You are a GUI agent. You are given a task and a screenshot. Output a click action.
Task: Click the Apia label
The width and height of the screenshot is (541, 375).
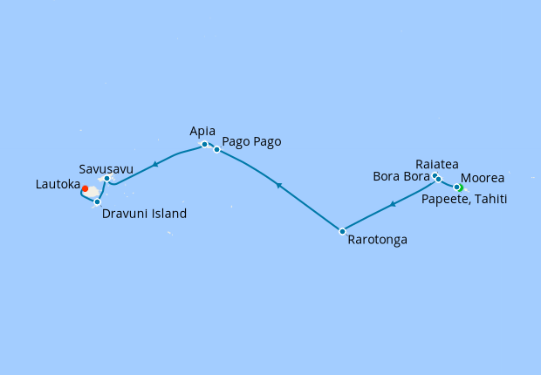pos(202,131)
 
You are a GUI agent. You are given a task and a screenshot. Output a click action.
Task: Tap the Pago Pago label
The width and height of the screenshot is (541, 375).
pos(251,141)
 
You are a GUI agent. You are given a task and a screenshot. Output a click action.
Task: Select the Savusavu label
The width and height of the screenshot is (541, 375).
pos(106,168)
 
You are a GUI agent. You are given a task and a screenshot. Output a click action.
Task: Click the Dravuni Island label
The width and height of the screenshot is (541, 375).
pos(144,214)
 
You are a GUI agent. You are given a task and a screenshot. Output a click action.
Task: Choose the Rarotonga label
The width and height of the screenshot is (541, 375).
pos(377,238)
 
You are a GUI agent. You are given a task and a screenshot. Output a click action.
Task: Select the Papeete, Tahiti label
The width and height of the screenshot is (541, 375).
pos(464,200)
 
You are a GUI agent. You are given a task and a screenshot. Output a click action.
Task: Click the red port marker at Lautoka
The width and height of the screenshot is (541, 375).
pos(85,187)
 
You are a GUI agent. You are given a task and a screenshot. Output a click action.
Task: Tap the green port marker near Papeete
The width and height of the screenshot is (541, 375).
pos(459,187)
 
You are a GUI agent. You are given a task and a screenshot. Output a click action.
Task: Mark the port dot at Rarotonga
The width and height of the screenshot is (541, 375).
pos(342,231)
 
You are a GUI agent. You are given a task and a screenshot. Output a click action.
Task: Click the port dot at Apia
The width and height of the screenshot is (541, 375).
pos(204,145)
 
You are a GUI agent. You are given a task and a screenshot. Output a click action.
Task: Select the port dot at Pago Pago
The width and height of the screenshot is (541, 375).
pos(216,150)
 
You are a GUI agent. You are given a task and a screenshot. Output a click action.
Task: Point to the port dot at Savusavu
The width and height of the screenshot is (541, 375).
pos(106,179)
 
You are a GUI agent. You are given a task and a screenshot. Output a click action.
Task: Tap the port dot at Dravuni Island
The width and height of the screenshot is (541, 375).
pos(97,201)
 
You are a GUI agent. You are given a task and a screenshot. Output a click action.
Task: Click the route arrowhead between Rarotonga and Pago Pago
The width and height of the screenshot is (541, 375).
pos(277,185)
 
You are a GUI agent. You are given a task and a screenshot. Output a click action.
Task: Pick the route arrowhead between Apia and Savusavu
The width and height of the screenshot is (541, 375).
pos(154,163)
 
